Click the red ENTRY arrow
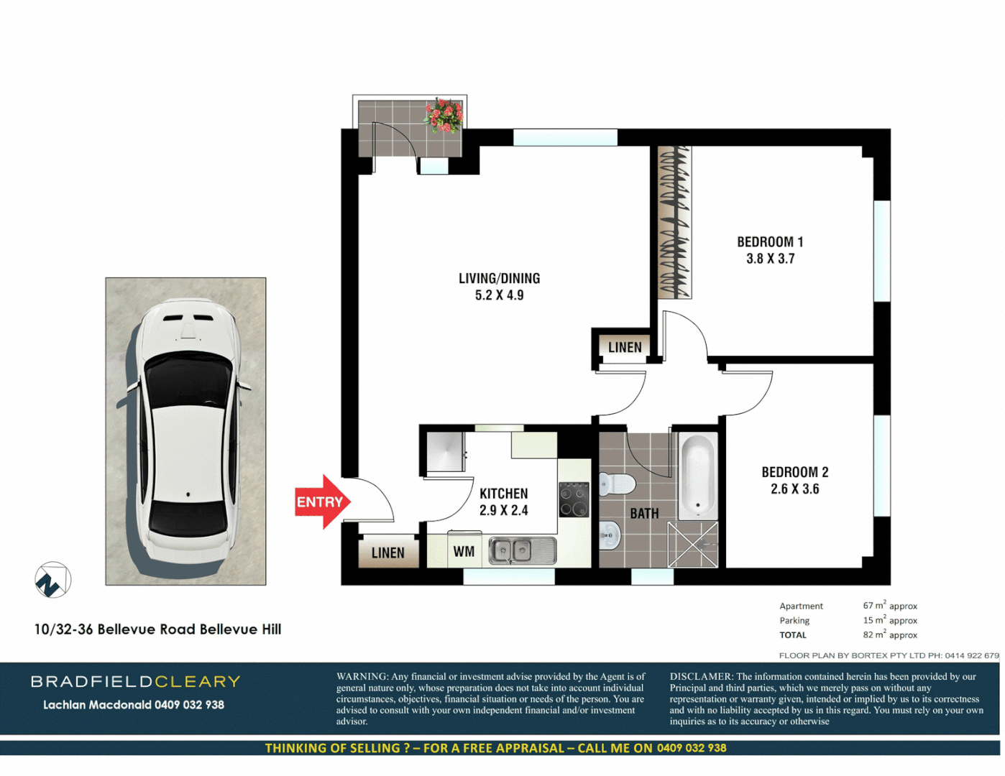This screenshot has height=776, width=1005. tap(322, 502)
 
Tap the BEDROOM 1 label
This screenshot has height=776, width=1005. tap(770, 242)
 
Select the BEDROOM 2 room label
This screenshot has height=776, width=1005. tap(794, 472)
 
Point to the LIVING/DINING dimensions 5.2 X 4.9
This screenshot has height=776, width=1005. tap(499, 295)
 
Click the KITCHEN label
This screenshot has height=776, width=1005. tap(503, 494)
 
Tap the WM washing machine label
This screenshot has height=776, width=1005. tap(464, 552)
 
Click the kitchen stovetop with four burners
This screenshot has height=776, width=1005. tap(574, 499)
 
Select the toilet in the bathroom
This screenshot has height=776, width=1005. tap(616, 484)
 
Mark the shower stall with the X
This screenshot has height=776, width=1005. tap(693, 545)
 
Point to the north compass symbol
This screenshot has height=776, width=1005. tap(52, 580)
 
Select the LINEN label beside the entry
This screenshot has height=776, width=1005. tap(387, 553)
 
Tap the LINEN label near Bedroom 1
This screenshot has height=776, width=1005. tap(625, 348)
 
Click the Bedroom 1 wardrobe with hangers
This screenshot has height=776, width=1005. tap(674, 223)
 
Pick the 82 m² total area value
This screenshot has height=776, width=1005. tap(889, 635)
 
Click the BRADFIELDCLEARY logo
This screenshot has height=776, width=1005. tap(135, 681)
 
